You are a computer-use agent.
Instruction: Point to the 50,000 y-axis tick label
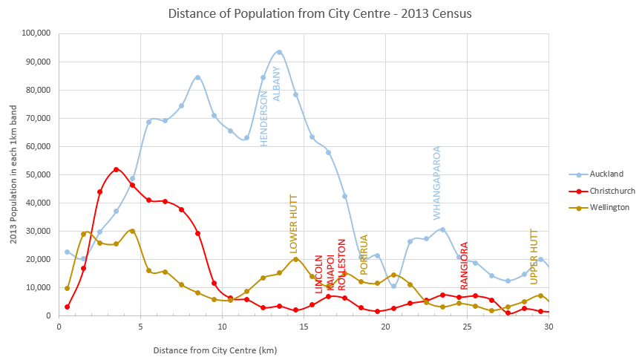coord(37,174)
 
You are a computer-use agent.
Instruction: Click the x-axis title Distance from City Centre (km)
coord(215,349)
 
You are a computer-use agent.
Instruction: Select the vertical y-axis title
coord(13,174)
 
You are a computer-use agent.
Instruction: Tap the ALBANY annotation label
coord(277,83)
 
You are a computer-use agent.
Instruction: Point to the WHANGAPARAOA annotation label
coord(437,183)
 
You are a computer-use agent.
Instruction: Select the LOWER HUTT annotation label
coord(294,223)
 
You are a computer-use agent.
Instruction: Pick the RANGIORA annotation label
coord(465,266)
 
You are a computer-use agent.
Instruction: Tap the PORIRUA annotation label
coord(364,255)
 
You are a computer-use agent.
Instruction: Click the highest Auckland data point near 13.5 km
coord(279,52)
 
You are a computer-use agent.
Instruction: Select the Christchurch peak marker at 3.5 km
coord(116,169)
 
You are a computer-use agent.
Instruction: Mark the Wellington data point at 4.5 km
coord(132,231)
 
